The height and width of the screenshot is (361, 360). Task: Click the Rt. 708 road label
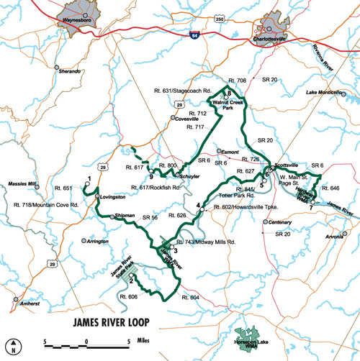point(236,80)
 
